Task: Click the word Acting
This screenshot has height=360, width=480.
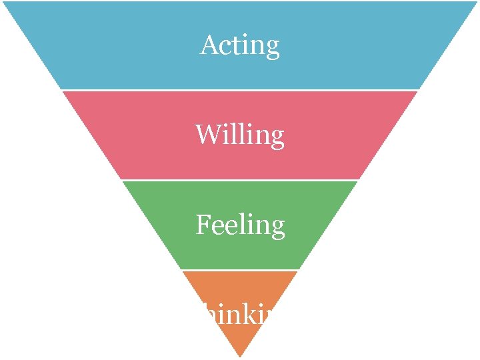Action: tap(240, 45)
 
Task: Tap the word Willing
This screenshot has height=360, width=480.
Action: tap(240, 135)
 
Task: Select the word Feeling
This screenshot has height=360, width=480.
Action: tap(240, 225)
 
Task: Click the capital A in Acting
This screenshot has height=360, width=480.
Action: tap(209, 45)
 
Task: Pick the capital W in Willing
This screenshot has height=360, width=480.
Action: tap(207, 135)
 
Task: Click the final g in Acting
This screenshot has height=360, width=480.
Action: tap(272, 49)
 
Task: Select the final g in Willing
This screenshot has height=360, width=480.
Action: tap(277, 139)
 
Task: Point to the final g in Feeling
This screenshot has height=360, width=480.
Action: tap(277, 229)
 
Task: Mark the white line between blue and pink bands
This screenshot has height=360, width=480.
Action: tap(240, 90)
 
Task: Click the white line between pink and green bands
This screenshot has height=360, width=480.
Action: tap(240, 180)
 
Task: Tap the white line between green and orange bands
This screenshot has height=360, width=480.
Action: tap(240, 270)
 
